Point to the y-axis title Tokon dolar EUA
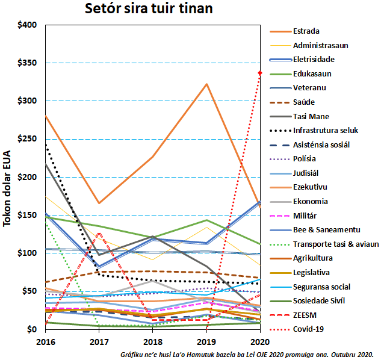(8, 186)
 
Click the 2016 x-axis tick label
(46, 340)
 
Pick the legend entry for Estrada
(306, 31)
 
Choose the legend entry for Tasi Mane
(311, 116)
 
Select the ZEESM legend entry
(306, 315)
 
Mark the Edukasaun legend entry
(312, 73)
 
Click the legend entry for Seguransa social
(322, 286)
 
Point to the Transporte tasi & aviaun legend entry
(336, 244)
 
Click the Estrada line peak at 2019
(206, 84)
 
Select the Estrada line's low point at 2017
(99, 203)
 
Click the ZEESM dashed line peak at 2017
(99, 233)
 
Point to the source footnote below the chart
(247, 354)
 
